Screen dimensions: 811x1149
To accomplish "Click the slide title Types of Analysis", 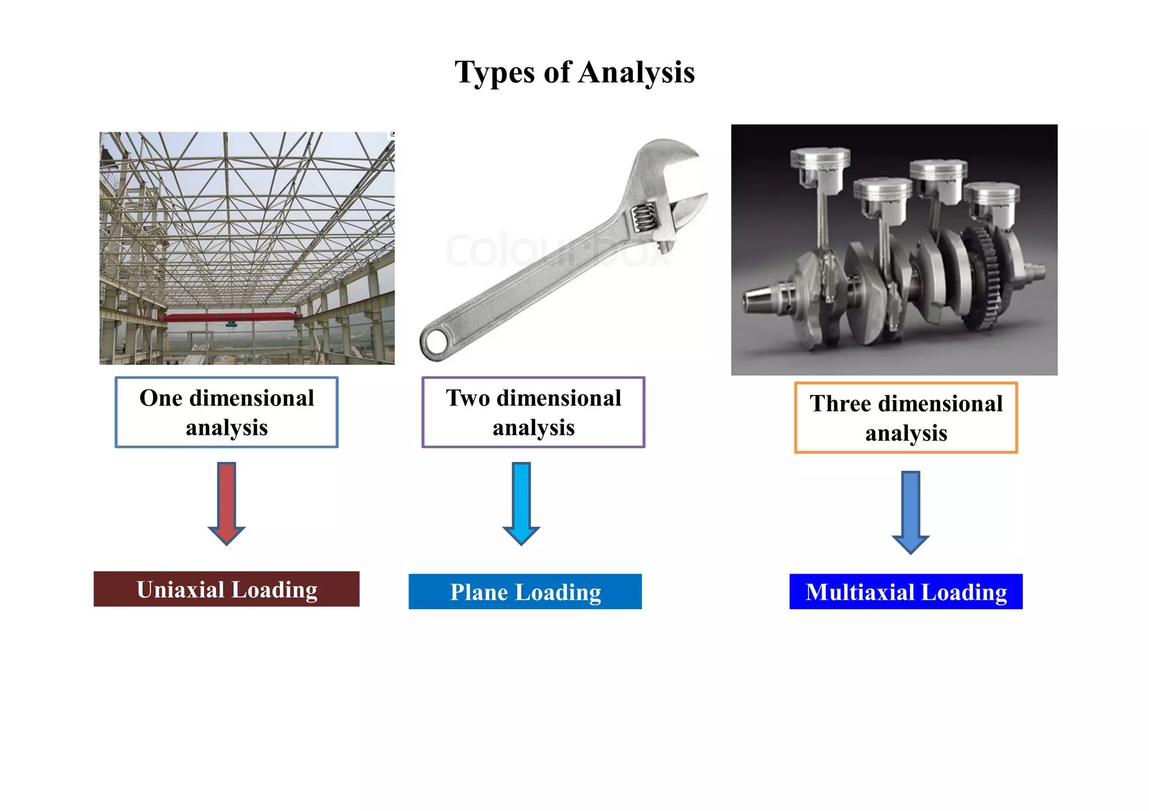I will tap(574, 73).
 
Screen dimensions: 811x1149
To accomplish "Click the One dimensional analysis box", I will tap(226, 412).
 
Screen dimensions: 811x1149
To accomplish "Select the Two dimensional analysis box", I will tap(533, 412).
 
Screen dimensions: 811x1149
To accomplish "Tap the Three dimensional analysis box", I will tap(906, 418).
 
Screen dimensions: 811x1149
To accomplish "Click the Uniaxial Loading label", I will tap(226, 589).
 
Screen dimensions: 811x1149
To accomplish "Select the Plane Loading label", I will tap(525, 592).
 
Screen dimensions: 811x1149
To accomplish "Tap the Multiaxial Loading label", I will tap(906, 592).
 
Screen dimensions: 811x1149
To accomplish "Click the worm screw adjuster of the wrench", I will tap(644, 217).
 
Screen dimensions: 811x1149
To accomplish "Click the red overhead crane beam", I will tap(230, 317).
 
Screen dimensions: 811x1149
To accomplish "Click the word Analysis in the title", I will tap(636, 73).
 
